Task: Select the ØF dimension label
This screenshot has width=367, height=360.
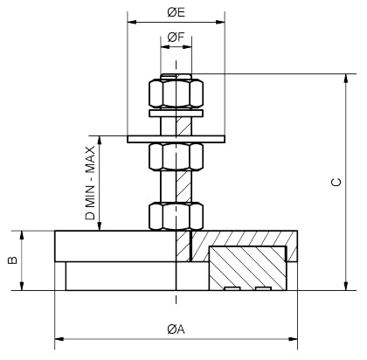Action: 176,38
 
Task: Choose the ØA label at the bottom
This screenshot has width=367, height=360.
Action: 176,329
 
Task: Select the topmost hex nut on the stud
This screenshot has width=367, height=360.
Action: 177,92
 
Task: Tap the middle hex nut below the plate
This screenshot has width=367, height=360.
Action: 177,157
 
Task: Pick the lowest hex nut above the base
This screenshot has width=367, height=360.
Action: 177,216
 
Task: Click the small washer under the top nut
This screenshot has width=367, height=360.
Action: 177,113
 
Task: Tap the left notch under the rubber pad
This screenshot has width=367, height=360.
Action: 232,287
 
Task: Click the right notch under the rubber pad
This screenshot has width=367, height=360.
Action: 262,287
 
